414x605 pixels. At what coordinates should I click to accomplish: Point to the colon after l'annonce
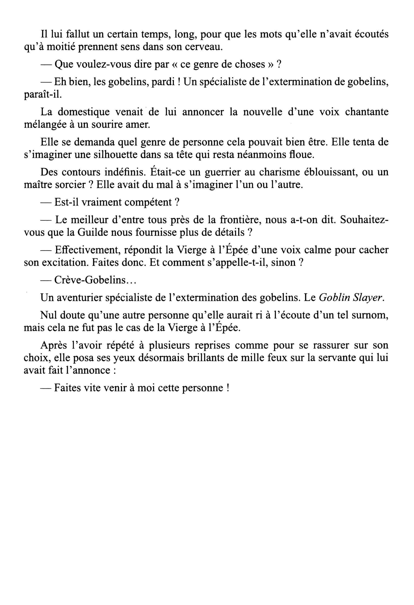click(x=114, y=371)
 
